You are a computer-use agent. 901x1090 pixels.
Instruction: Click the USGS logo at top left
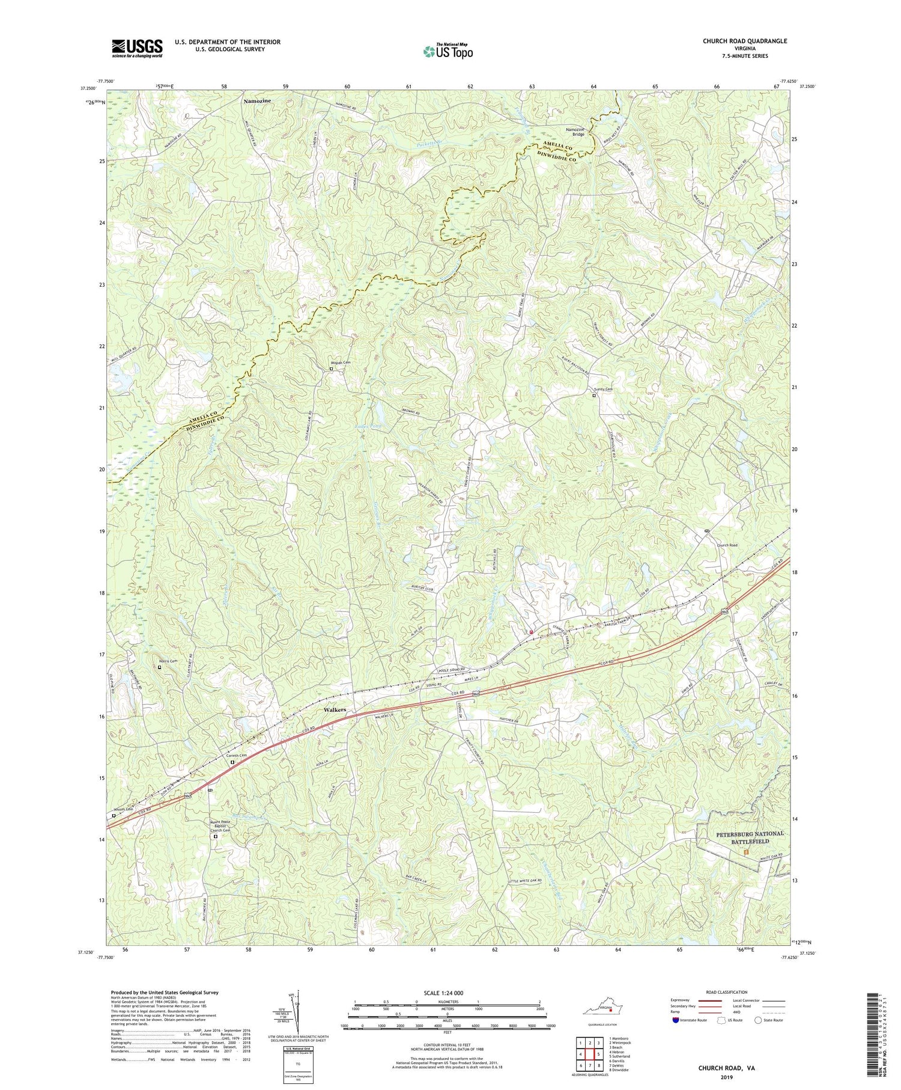point(137,48)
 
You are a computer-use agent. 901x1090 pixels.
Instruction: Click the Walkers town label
point(334,710)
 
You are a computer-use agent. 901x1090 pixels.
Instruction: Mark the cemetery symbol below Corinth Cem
point(233,762)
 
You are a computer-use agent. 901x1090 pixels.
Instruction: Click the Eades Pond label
point(367,426)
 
